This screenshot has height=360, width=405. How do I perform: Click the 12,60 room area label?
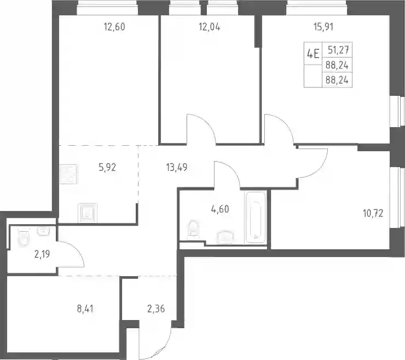(114, 27)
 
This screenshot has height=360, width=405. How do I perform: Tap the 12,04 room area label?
(210, 27)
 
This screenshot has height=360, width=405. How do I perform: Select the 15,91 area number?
(323, 27)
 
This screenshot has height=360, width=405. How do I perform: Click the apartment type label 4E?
(313, 54)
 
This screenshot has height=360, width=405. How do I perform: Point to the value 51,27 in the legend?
(339, 49)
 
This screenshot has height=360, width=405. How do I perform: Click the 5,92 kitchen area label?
(107, 167)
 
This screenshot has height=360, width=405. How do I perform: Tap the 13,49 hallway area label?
(177, 167)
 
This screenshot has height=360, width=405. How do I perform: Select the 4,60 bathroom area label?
(220, 209)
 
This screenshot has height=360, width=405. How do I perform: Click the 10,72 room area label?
(373, 214)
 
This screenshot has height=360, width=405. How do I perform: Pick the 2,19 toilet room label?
(42, 254)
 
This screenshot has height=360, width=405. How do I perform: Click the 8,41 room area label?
(85, 308)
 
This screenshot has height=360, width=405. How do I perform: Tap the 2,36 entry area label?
(156, 308)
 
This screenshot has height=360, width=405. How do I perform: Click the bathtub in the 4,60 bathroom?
(256, 217)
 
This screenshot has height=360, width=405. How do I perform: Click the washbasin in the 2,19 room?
(44, 231)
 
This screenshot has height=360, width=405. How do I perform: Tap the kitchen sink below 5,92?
(88, 213)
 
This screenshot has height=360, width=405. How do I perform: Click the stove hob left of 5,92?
(68, 175)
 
